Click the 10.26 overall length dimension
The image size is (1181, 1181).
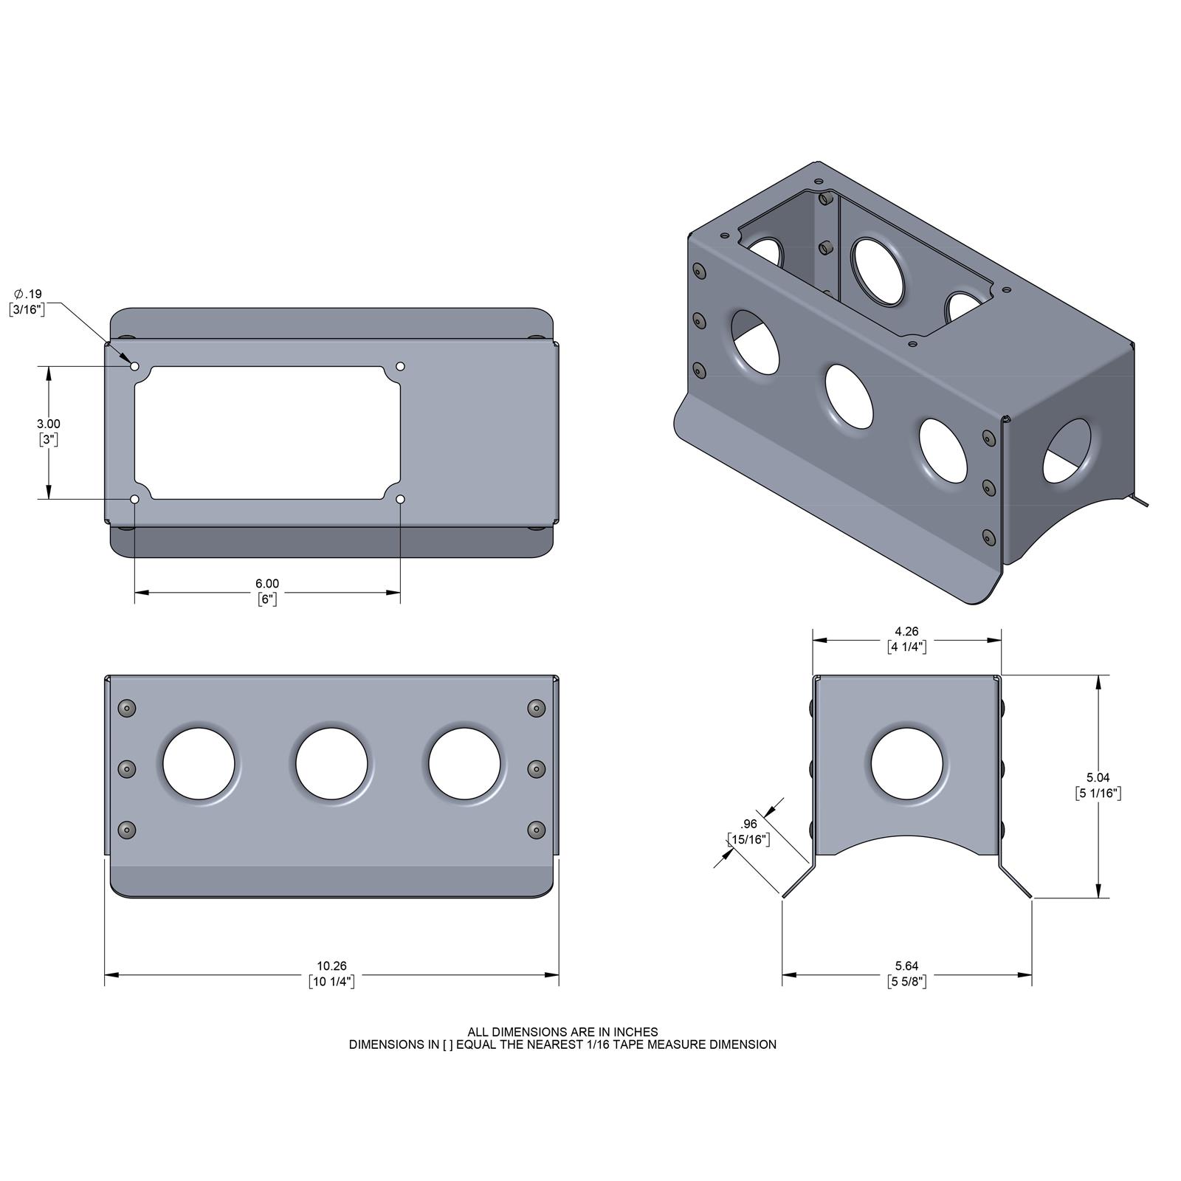click(x=331, y=965)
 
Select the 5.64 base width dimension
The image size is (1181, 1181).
click(x=906, y=965)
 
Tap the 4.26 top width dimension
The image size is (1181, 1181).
click(x=906, y=631)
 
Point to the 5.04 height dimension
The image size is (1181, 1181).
click(x=1098, y=777)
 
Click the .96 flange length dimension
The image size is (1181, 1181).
click(x=749, y=824)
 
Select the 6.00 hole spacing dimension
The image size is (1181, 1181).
click(x=267, y=583)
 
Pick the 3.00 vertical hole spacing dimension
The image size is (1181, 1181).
click(x=49, y=424)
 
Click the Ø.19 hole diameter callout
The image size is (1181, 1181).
click(x=28, y=294)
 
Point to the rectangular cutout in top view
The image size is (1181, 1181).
click(x=267, y=433)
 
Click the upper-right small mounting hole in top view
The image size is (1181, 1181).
click(x=401, y=366)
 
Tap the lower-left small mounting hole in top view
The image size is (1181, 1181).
click(x=134, y=500)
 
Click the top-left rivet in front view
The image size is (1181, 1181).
click(x=128, y=709)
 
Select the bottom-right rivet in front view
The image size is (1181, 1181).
click(x=537, y=830)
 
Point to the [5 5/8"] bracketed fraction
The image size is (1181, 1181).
click(x=906, y=982)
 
